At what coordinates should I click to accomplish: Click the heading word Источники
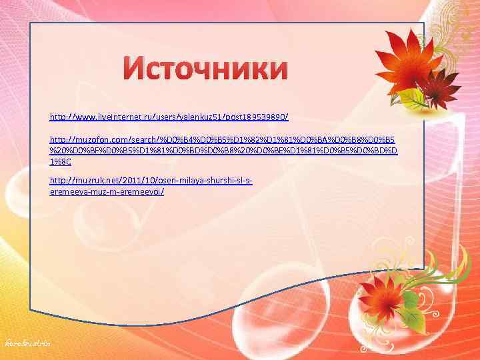pyautogui.click(x=207, y=69)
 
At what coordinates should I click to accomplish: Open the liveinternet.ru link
pyautogui.click(x=169, y=117)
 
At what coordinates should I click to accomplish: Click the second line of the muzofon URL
pyautogui.click(x=224, y=151)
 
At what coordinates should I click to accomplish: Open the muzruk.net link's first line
pyautogui.click(x=151, y=181)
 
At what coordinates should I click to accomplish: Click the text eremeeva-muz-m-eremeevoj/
pyautogui.click(x=107, y=191)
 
